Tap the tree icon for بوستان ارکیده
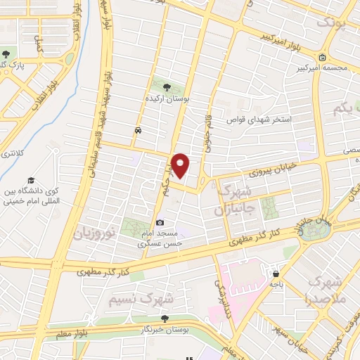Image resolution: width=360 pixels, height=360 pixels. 167,86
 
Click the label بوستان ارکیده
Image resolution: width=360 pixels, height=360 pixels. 167,100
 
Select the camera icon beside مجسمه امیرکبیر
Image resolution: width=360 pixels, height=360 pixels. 321,58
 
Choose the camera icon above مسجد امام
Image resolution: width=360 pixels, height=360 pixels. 160,223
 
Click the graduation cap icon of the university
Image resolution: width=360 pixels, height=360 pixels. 30,179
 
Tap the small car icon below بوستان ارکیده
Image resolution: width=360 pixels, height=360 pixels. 139,131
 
